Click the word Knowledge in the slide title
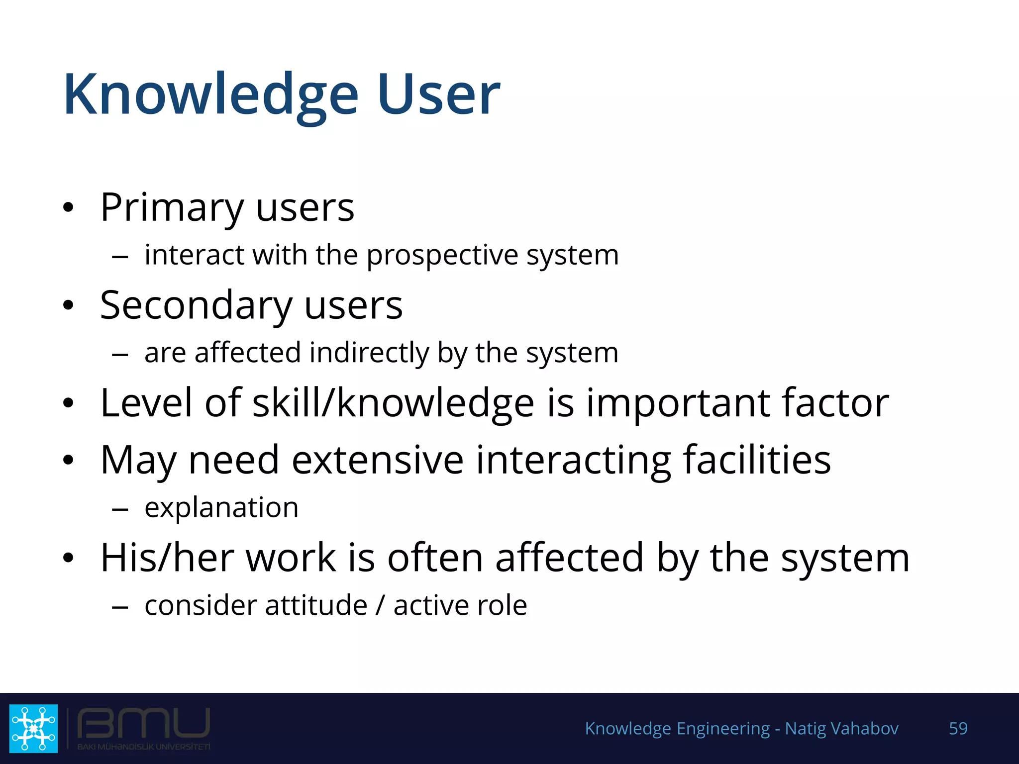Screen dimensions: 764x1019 tap(211, 95)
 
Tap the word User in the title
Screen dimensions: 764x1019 tap(438, 95)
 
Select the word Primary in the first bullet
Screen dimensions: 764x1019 tap(172, 208)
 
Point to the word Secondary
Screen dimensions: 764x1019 tap(196, 305)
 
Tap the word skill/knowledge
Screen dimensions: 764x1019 tap(393, 402)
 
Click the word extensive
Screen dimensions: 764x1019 tap(377, 460)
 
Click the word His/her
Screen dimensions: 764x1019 tap(167, 558)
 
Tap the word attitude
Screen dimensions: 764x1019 tap(316, 606)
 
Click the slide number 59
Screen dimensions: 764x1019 tap(958, 728)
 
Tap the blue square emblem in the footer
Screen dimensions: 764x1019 tap(33, 728)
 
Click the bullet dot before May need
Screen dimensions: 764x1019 tap(68, 460)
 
